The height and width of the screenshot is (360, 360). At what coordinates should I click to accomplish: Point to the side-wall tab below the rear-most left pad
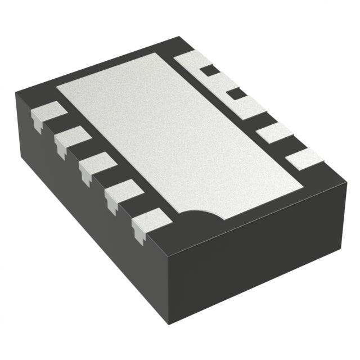tap(37, 125)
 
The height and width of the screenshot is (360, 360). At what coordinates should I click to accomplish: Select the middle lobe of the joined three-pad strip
tap(220, 82)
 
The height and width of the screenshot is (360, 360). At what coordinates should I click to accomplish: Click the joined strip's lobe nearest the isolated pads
tap(247, 107)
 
